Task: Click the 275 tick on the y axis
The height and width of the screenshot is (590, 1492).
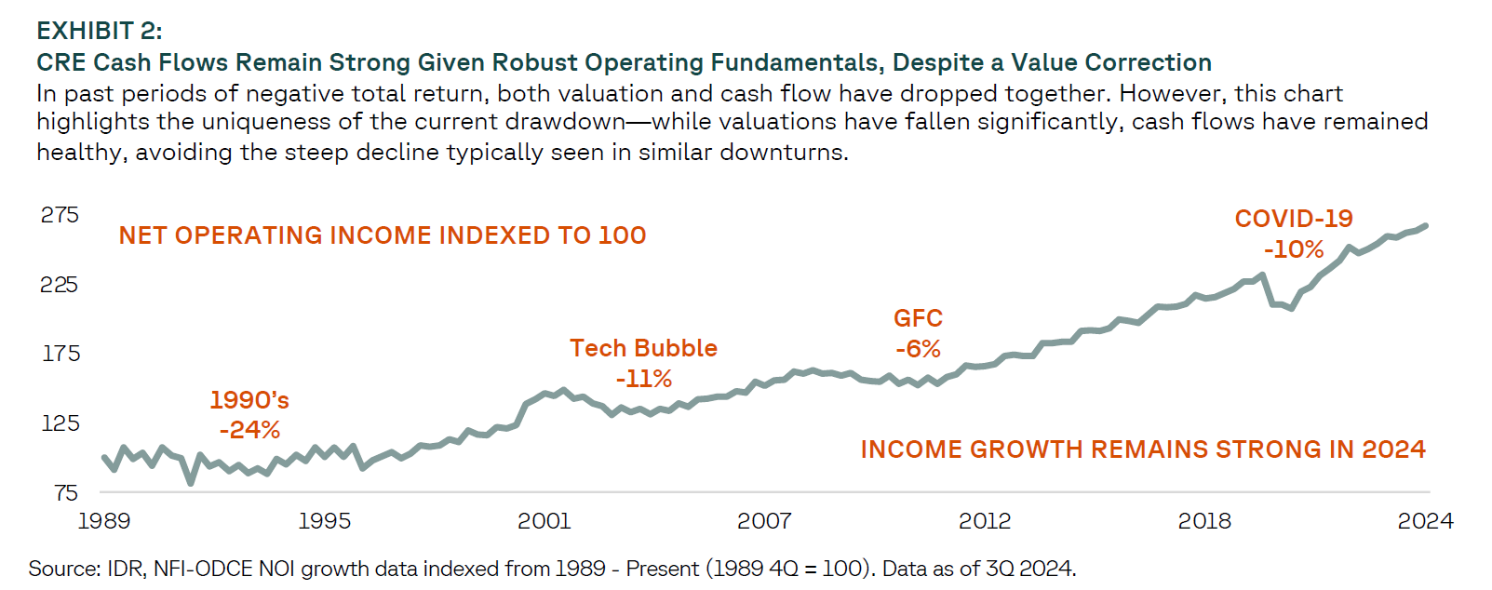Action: coord(60,215)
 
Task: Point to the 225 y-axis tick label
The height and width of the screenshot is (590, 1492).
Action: coord(60,285)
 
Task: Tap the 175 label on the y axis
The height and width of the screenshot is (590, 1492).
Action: coord(60,354)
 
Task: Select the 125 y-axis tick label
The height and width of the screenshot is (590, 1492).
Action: coord(60,422)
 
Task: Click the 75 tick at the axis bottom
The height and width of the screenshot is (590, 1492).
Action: coord(66,493)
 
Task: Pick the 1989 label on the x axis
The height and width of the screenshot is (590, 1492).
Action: coord(104,521)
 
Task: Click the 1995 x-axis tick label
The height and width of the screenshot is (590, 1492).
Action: coord(325,521)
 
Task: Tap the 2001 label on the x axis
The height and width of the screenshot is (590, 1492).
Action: coord(544,521)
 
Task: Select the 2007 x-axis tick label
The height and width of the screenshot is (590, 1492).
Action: coord(764,521)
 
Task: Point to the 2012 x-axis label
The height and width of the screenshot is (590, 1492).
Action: coord(985,521)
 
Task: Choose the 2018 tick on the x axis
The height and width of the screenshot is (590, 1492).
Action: coord(1204,521)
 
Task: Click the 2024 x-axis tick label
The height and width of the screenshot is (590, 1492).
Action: coord(1425,521)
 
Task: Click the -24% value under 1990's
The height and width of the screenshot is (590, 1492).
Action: coord(249,430)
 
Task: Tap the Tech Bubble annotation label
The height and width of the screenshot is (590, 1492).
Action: coord(643,348)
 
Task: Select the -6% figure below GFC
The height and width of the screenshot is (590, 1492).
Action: coord(918,349)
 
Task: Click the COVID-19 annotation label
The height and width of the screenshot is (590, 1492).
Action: coord(1294,219)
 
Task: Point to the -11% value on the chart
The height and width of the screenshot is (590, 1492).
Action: coord(643,379)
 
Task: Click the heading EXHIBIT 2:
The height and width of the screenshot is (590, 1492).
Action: coord(100,31)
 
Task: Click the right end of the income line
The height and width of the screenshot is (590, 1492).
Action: coord(1425,226)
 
